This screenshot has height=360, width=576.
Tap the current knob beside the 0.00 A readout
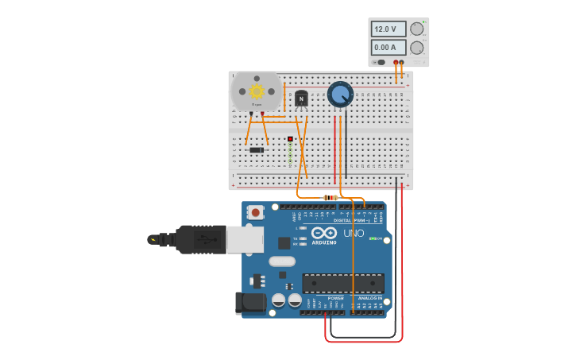417,48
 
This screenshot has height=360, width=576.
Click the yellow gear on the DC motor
257,91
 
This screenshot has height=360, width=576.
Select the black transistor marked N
301,99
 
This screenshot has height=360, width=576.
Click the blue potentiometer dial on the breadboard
340,94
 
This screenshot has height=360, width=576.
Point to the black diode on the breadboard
257,149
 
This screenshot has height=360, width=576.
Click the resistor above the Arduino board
331,197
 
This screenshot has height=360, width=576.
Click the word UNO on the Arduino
354,234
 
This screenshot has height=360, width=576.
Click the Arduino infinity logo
324,233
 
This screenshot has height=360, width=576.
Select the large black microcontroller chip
342,283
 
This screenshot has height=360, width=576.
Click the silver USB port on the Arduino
244,239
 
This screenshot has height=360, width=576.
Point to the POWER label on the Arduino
335,298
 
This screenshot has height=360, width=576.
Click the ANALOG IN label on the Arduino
369,298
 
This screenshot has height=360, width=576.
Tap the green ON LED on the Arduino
373,238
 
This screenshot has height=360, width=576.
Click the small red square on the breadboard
290,139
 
